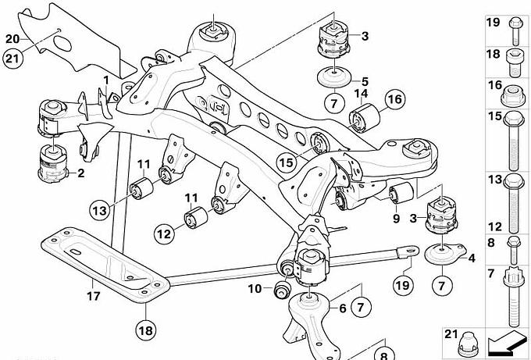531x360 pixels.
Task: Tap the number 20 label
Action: click(12, 38)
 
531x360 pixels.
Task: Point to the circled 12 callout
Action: click(162, 233)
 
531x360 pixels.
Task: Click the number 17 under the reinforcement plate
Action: click(92, 296)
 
